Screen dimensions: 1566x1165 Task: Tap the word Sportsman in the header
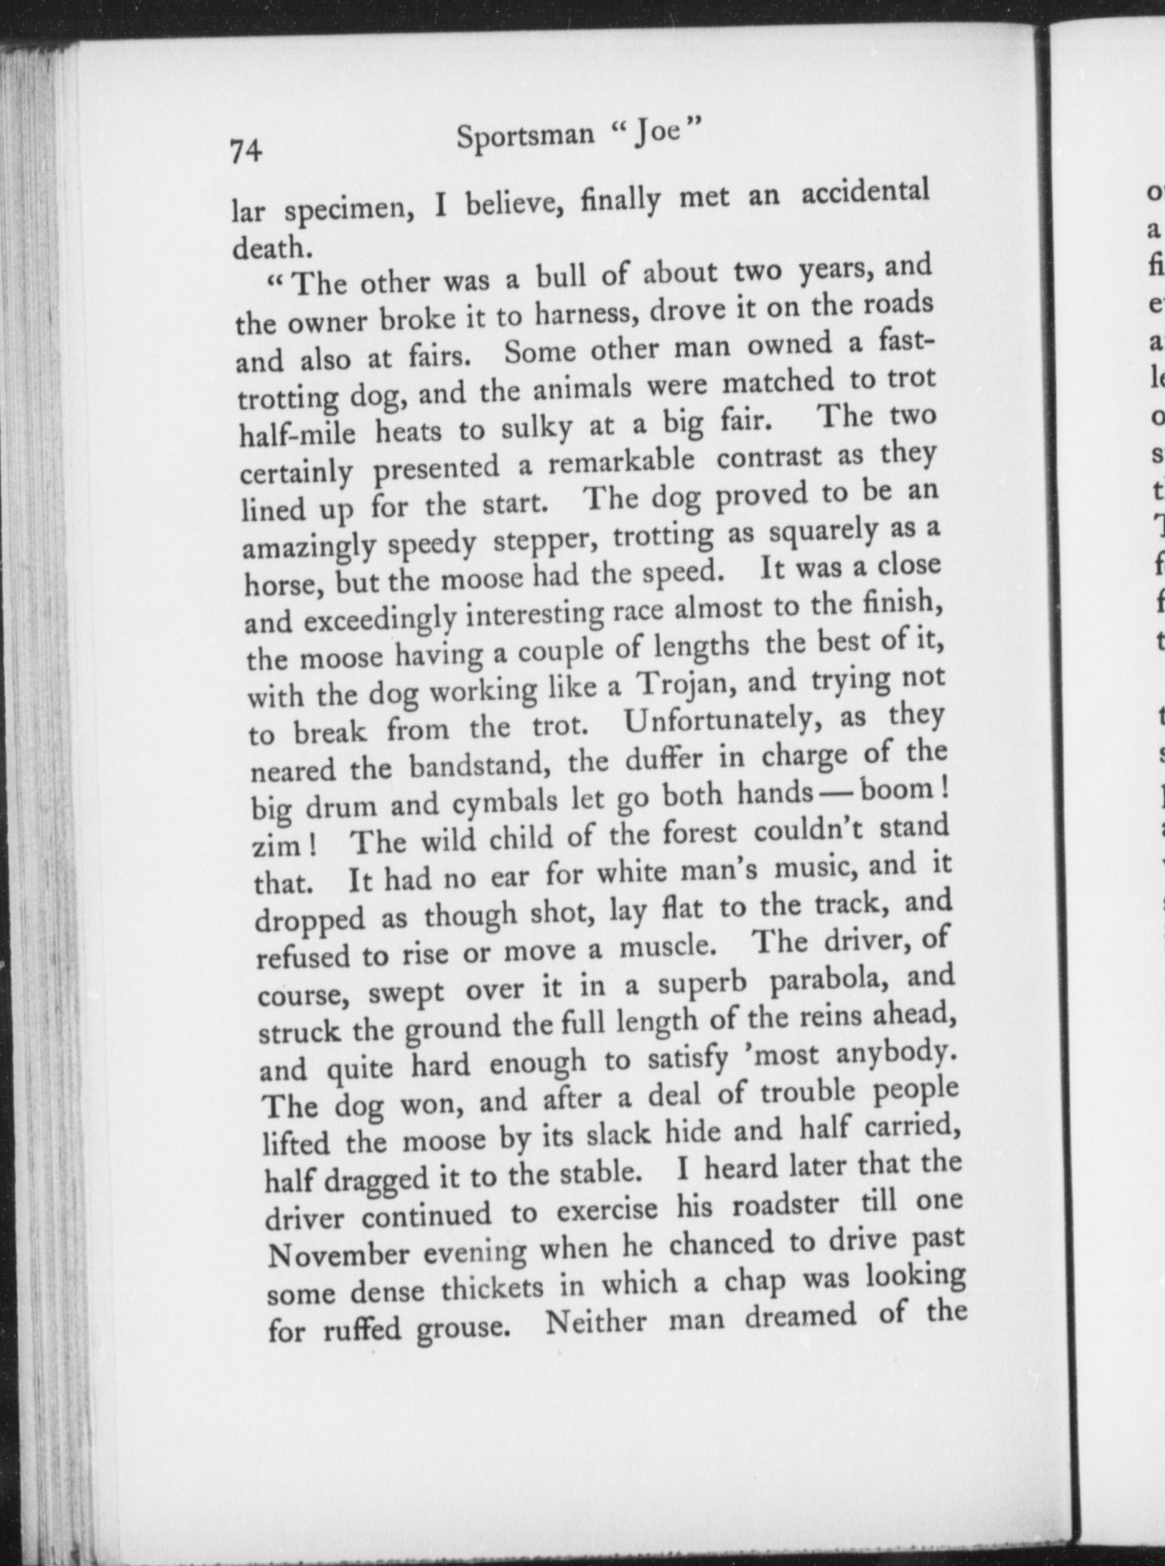point(526,137)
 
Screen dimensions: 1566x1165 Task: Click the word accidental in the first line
point(866,193)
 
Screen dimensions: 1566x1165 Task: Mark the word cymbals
point(504,802)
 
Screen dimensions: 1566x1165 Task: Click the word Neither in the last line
point(596,1320)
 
